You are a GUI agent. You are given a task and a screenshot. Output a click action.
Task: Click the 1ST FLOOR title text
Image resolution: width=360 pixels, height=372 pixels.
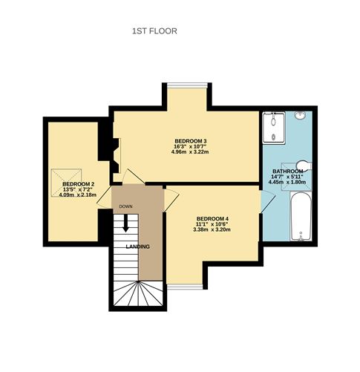click(154, 31)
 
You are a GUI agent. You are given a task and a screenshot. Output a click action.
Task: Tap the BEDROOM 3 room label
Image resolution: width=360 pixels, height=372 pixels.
click(190, 141)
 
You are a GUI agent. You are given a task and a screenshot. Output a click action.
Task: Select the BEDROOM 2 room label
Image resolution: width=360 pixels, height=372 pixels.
click(78, 184)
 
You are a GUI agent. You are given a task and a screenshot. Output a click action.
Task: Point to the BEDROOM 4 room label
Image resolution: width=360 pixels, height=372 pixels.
click(212, 218)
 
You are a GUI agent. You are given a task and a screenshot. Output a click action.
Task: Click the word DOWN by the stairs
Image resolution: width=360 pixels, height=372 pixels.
click(125, 206)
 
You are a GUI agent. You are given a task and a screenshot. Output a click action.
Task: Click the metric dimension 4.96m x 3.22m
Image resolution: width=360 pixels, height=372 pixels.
click(190, 153)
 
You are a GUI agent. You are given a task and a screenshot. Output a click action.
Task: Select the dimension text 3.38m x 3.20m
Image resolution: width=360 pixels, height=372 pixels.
click(212, 229)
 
